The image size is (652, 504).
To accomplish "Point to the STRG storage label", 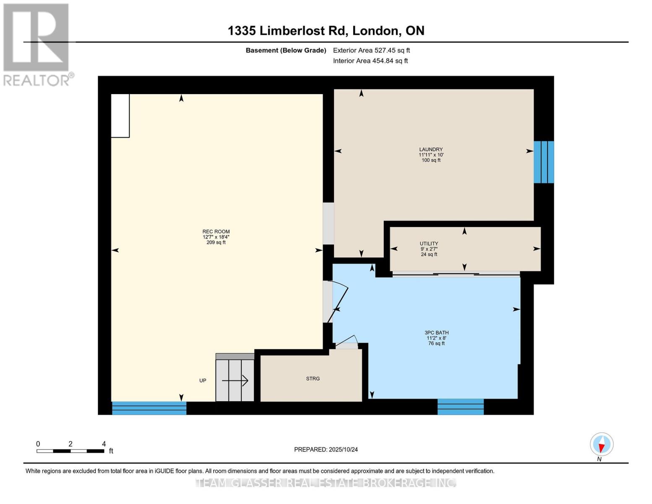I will click(x=313, y=378).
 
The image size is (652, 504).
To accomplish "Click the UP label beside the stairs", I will click(x=203, y=381).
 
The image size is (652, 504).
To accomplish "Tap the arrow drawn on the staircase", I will click(x=235, y=381).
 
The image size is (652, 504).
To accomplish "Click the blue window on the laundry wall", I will click(x=543, y=162).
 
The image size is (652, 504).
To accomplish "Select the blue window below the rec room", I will click(x=149, y=408).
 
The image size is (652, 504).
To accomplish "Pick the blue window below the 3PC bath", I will click(x=461, y=407).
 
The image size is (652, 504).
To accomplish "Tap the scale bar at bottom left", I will click(x=70, y=451).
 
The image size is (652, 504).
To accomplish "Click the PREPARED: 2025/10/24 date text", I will click(x=326, y=449).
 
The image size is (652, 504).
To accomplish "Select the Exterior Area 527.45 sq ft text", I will click(x=371, y=50).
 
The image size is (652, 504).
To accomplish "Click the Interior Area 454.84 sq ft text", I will click(x=370, y=61).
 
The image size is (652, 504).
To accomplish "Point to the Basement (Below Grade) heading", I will click(x=285, y=50).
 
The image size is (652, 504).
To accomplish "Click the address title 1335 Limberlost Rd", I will click(x=326, y=31).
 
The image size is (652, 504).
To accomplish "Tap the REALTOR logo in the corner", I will click(x=37, y=44).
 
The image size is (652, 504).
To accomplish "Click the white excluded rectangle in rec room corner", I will click(x=120, y=115).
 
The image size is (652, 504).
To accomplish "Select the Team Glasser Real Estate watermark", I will click(x=326, y=483).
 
